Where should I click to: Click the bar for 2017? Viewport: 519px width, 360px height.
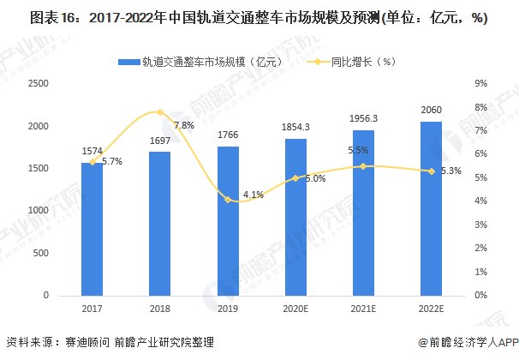point(92,228)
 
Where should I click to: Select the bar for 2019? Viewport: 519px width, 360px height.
point(228,220)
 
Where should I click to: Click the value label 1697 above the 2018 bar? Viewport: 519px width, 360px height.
point(160,140)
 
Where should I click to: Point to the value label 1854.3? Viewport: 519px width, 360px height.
point(295,127)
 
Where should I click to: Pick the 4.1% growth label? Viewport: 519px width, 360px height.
point(253,195)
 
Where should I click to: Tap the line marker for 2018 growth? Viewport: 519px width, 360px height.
point(160,112)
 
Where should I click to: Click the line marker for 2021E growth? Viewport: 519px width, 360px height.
point(363,166)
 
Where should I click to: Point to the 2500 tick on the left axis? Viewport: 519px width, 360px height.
point(39,84)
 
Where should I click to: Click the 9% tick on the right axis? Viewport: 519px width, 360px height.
point(480,84)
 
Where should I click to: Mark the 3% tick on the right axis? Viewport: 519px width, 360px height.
point(480,225)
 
